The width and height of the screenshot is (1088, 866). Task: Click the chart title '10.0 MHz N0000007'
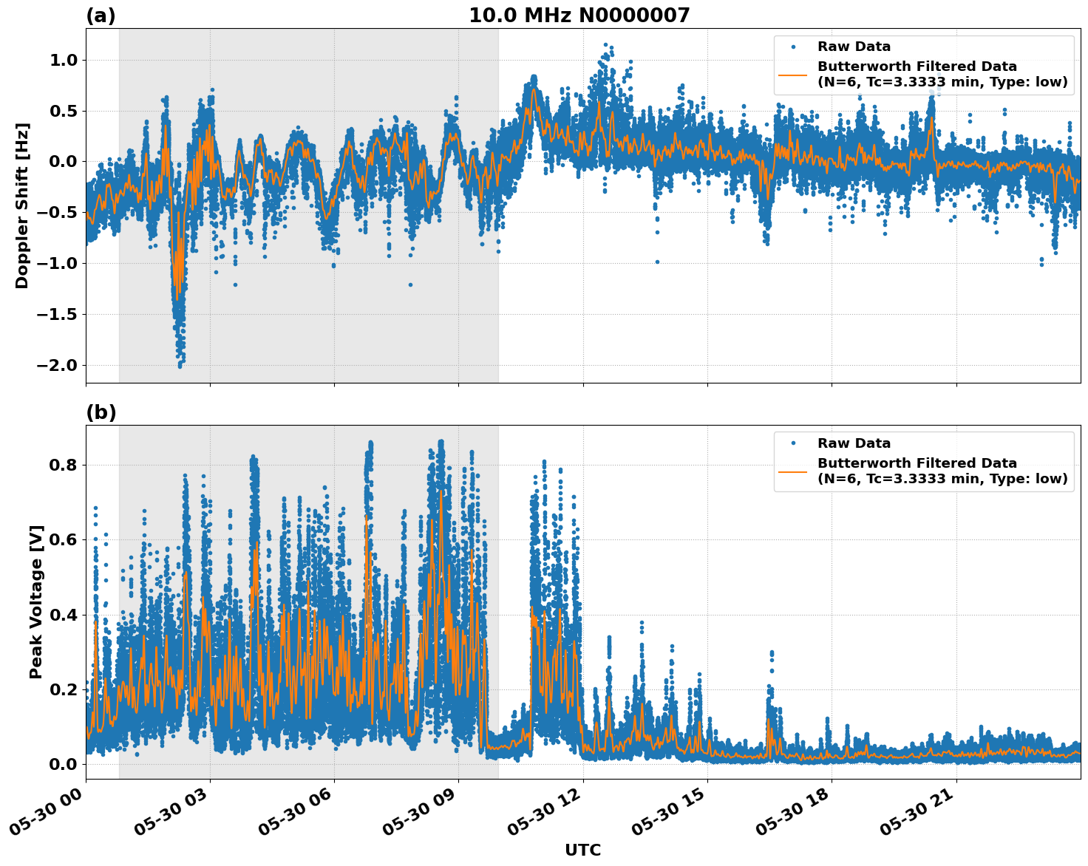coord(579,16)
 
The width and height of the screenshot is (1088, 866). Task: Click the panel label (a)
coord(101,16)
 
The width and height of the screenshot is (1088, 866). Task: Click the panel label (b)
coord(101,412)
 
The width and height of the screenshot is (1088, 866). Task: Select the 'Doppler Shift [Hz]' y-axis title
coord(22,205)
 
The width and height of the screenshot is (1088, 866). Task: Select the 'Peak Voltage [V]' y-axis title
coord(36,601)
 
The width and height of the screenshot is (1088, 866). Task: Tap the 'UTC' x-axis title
coord(582,850)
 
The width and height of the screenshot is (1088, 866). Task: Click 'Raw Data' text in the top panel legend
coord(854,47)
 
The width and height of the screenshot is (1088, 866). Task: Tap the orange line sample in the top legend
coord(792,74)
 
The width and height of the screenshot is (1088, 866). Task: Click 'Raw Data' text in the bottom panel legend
coord(854,443)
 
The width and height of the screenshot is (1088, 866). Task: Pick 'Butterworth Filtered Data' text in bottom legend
coord(917,463)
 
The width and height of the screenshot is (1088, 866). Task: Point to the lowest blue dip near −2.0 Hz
coord(180,365)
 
